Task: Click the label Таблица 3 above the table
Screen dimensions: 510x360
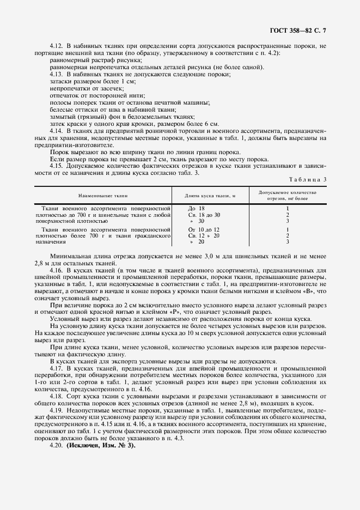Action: pyautogui.click(x=309, y=179)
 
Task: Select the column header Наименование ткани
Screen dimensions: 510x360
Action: pyautogui.click(x=102, y=194)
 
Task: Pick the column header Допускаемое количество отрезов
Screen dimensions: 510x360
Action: pyautogui.click(x=287, y=195)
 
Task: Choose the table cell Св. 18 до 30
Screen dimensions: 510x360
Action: pyautogui.click(x=204, y=215)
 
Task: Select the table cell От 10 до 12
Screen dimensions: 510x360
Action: pyautogui.click(x=204, y=229)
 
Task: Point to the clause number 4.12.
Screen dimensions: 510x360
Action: pyautogui.click(x=57, y=47)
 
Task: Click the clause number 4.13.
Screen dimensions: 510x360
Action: pyautogui.click(x=57, y=74)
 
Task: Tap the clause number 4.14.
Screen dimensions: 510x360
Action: pyautogui.click(x=57, y=132)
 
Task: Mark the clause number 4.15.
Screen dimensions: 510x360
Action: pyautogui.click(x=57, y=166)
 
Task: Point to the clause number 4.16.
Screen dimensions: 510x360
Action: pyautogui.click(x=57, y=270)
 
